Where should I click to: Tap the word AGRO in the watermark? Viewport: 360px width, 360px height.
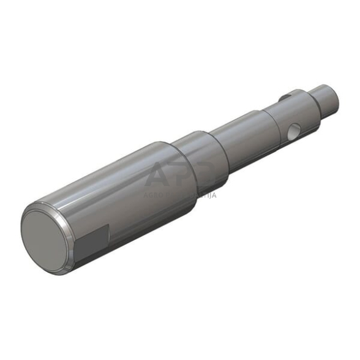154,196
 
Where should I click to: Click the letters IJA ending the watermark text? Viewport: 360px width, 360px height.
210,196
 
